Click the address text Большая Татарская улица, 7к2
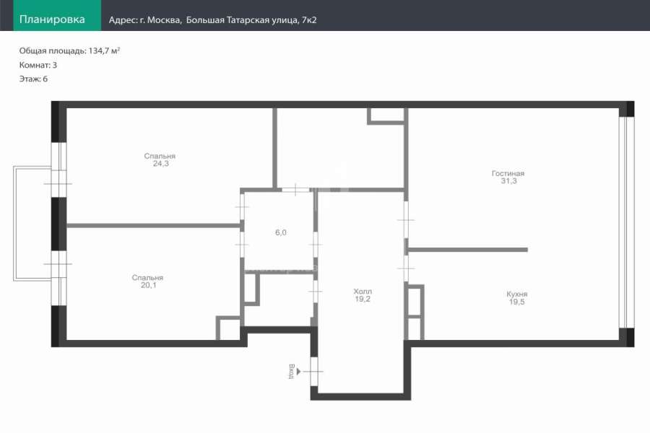point(251,20)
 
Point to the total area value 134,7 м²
point(104,51)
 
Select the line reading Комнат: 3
point(38,65)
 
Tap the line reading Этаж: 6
point(33,79)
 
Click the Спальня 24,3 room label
point(160,159)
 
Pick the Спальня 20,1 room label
point(147,281)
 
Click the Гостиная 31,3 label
point(508,177)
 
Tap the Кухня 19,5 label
point(517,298)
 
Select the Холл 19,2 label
point(363,295)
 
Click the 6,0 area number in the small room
point(281,232)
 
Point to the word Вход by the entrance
point(292,371)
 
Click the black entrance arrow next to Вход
point(298,372)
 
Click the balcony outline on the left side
point(15,224)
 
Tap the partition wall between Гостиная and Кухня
point(468,250)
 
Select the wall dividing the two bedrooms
point(153,226)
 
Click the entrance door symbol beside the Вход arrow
point(314,372)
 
